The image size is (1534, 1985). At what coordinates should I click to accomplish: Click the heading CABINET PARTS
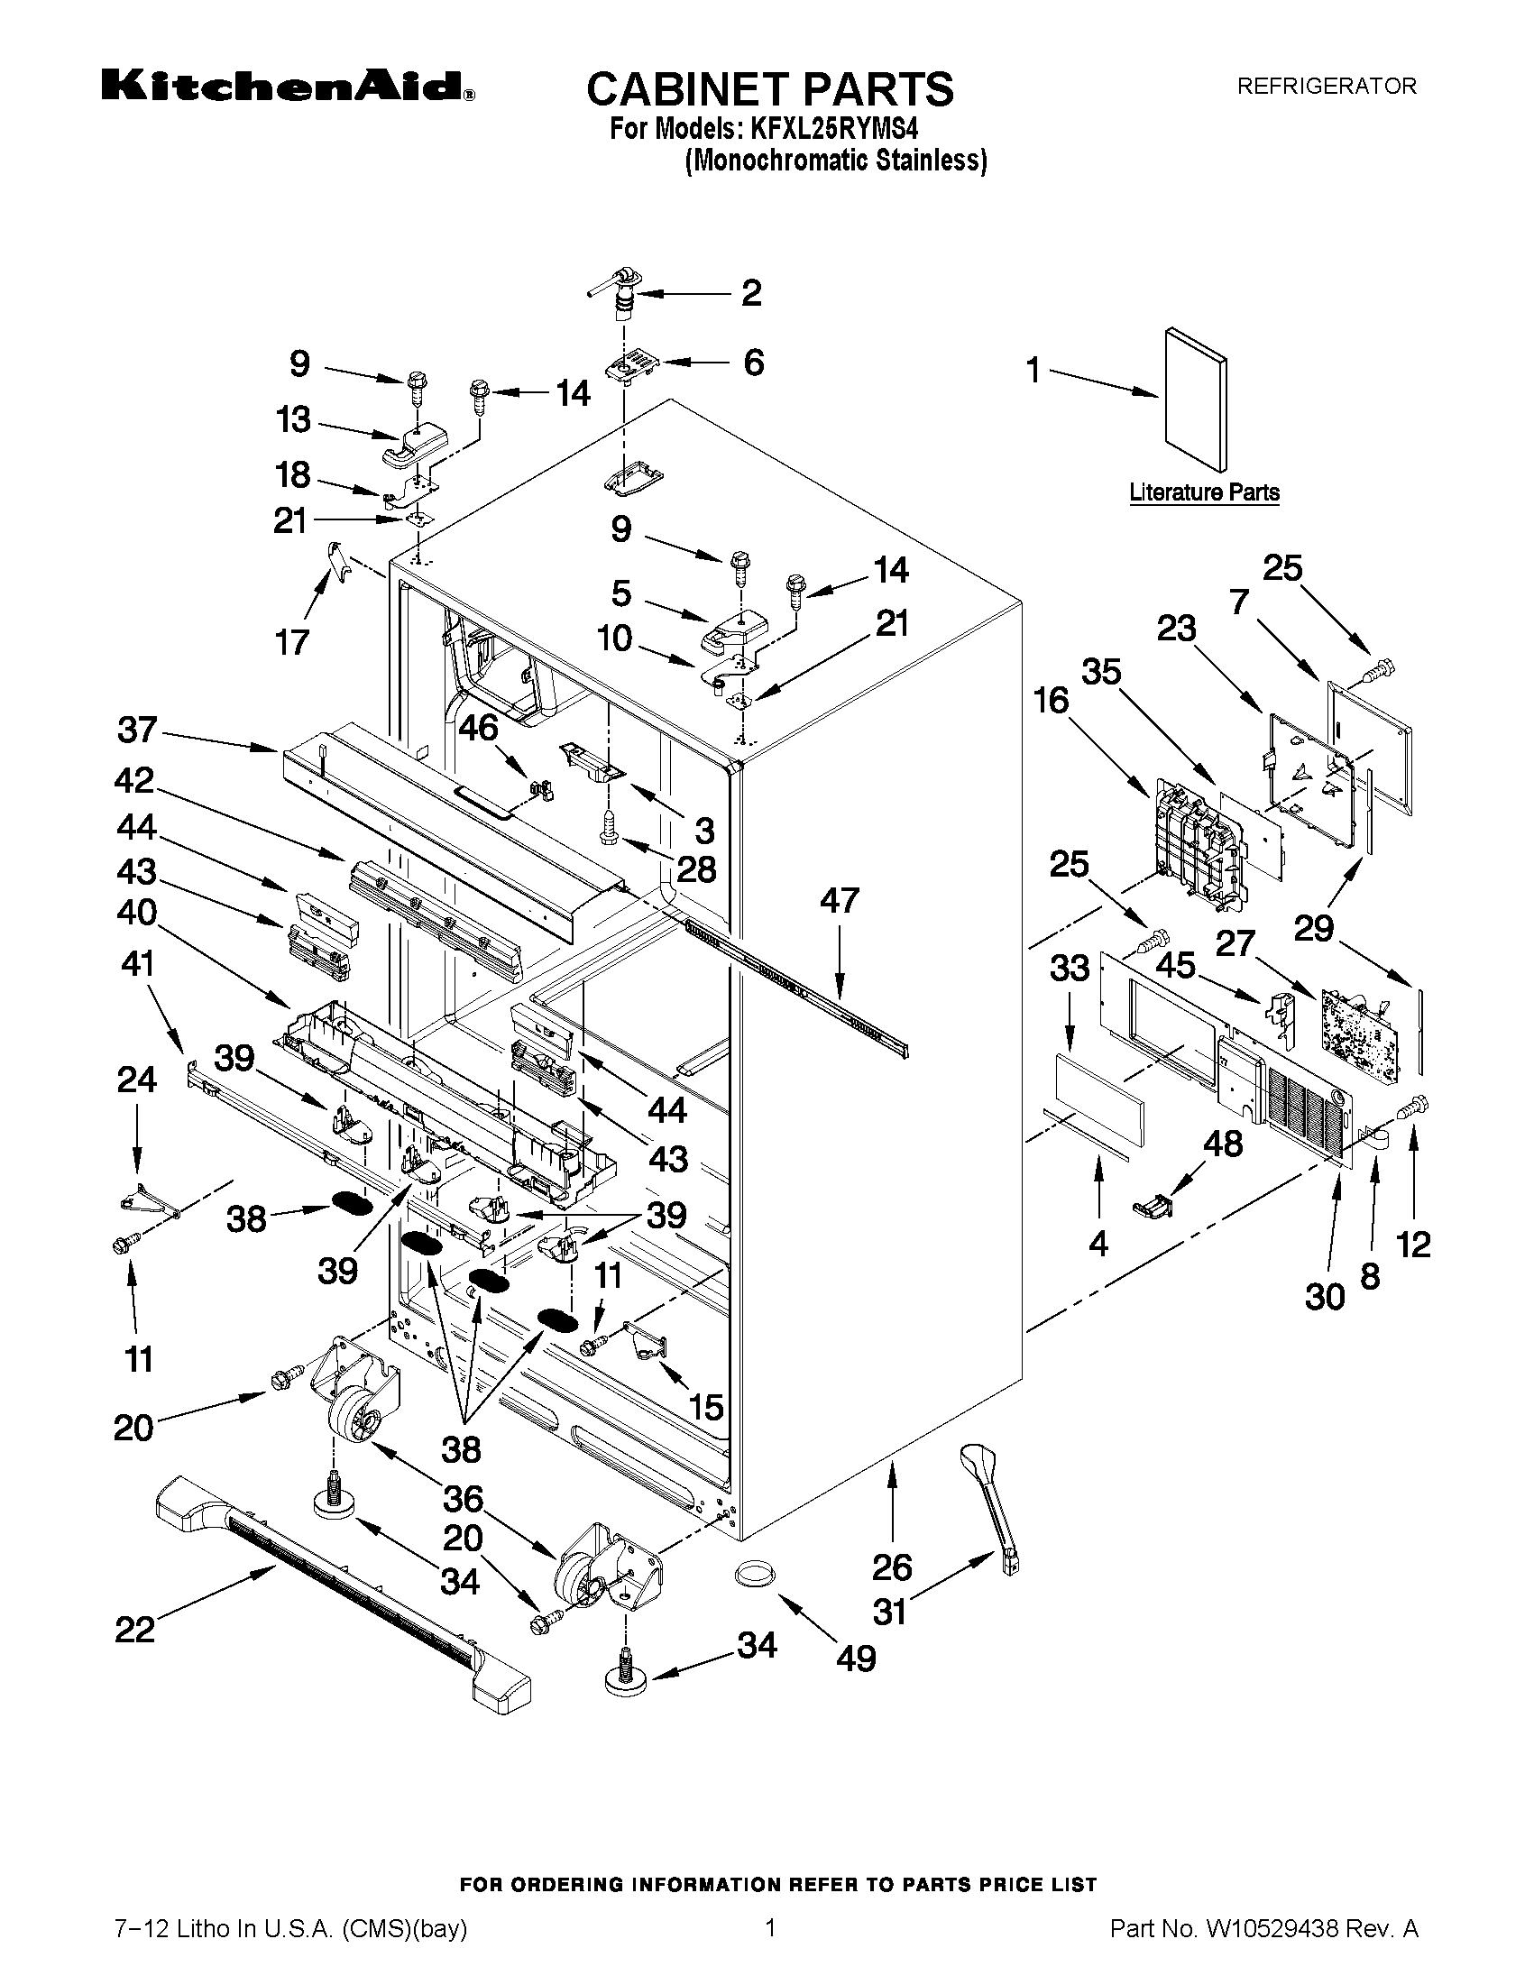click(x=769, y=90)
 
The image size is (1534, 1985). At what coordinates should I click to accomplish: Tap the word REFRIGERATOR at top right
click(x=1326, y=87)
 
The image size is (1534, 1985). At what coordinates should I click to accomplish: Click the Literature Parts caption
click(x=1203, y=492)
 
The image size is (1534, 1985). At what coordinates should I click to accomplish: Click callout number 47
click(x=839, y=901)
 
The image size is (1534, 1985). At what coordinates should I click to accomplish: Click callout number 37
click(x=137, y=730)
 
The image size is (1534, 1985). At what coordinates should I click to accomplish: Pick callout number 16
click(x=1051, y=701)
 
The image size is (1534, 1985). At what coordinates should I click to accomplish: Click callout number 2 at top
click(x=751, y=293)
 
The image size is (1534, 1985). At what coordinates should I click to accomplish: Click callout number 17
click(x=291, y=643)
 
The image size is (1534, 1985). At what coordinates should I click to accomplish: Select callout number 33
click(x=1070, y=969)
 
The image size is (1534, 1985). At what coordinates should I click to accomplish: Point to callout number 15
click(x=705, y=1408)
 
